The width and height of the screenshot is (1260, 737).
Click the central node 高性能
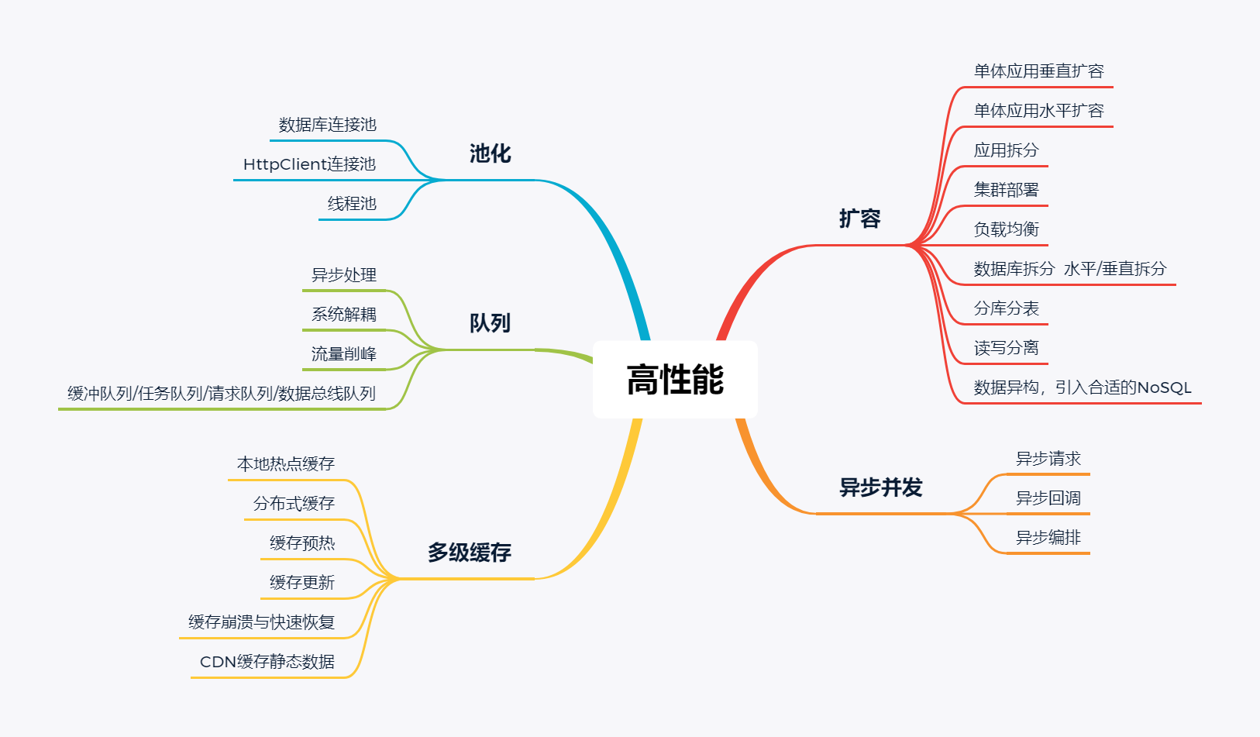675,380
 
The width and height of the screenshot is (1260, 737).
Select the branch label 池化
490,153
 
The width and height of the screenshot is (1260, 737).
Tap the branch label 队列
490,323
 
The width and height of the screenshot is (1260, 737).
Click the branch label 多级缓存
469,553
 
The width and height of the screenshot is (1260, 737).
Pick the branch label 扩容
859,219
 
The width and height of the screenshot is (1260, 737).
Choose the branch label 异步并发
881,487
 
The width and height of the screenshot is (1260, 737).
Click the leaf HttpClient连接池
309,164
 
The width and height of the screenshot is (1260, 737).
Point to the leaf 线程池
352,204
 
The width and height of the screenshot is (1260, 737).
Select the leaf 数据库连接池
327,125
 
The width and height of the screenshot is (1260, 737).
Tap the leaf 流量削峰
343,354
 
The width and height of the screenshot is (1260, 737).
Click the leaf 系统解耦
343,315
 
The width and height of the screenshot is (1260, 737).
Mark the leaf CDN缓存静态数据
267,662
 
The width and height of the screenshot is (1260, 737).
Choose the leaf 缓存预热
302,543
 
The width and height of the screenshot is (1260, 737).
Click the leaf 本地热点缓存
285,464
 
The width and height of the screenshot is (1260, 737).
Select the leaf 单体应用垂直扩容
1038,71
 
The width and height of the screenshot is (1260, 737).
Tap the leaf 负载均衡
1006,229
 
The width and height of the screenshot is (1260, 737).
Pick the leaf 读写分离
1006,348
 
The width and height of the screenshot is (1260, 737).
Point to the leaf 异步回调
1048,498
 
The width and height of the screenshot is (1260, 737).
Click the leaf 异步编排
1048,538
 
